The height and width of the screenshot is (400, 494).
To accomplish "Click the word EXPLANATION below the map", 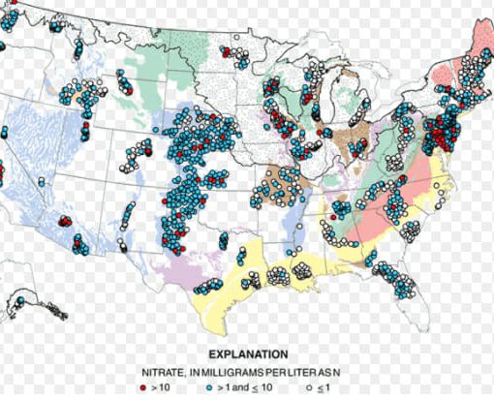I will tap(246, 354).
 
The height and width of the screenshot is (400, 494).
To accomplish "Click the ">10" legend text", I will tap(160, 386).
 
